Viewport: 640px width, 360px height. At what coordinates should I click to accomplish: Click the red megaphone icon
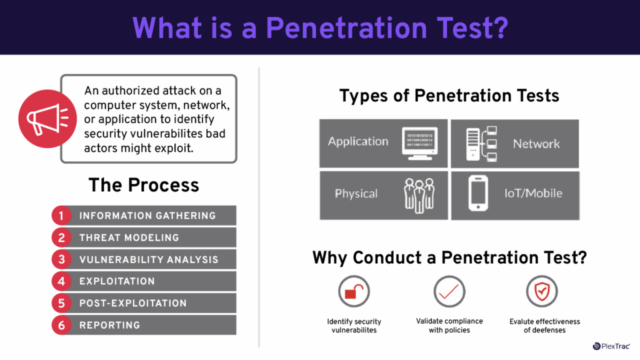[41, 117]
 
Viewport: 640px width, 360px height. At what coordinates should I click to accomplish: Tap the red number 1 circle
[61, 216]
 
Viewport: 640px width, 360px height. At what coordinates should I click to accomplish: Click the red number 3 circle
[61, 259]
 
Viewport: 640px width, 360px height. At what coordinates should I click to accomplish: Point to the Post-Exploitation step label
[132, 303]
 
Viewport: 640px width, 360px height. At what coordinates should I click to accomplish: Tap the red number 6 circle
[61, 325]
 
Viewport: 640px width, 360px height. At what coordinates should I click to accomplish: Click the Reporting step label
[109, 325]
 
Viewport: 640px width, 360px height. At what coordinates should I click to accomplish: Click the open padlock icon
[354, 291]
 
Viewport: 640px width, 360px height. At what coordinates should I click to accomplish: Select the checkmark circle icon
[449, 291]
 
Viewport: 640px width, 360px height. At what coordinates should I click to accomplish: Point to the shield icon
[542, 291]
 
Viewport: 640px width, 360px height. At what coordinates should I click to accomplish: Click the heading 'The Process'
[144, 185]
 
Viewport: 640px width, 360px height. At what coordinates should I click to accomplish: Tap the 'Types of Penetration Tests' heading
[449, 96]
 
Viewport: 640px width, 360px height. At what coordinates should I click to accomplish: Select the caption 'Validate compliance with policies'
[449, 325]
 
